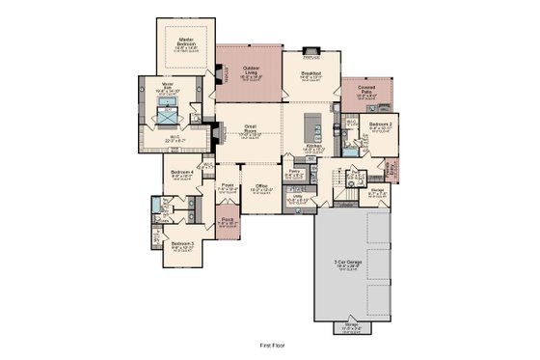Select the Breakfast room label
tap(310, 73)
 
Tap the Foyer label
tap(229, 186)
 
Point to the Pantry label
tap(295, 174)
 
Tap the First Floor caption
tap(274, 344)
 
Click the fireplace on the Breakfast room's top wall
tap(310, 47)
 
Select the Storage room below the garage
tap(349, 328)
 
